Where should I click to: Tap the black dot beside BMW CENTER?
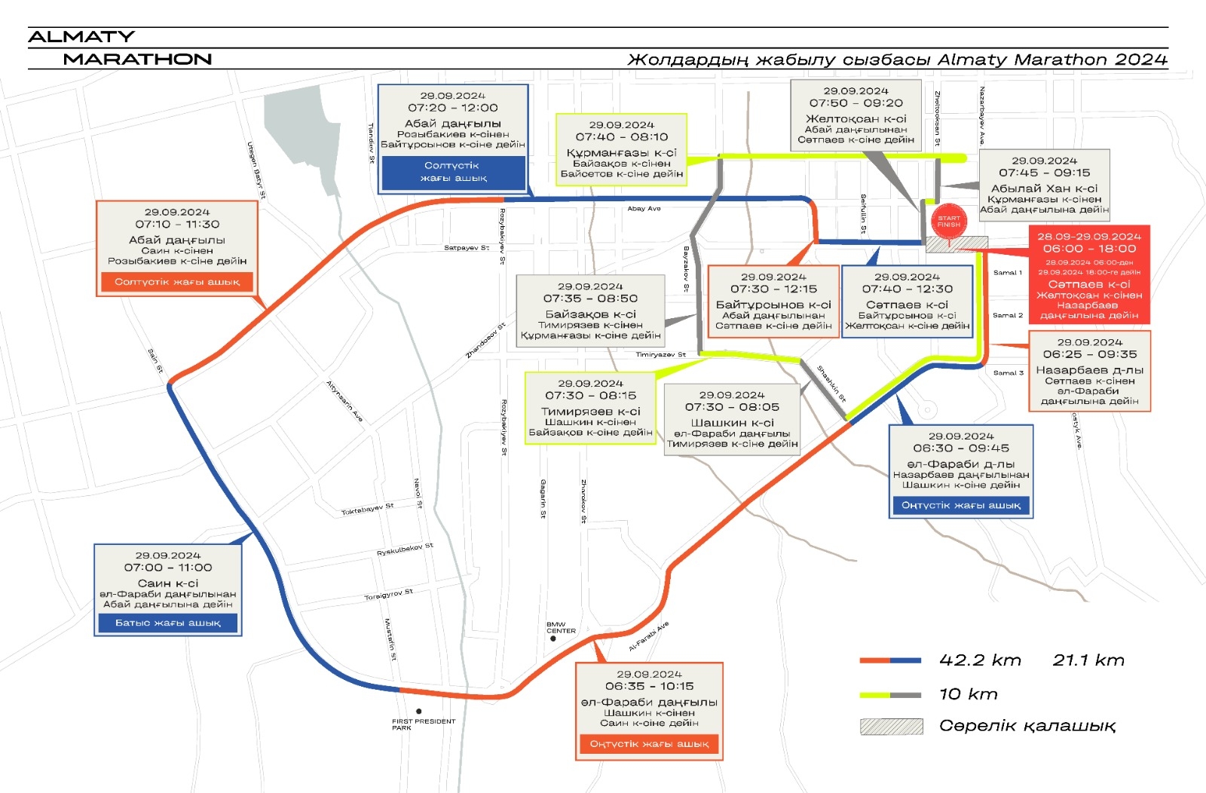[553, 638]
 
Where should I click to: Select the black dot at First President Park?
[419, 711]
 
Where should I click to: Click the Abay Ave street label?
[644, 209]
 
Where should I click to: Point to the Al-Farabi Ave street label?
[648, 637]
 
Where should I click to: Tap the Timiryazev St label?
[660, 354]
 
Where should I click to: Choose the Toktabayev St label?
[367, 510]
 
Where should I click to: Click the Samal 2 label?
[1008, 315]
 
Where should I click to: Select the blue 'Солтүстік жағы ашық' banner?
[453, 172]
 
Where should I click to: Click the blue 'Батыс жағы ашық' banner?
[167, 623]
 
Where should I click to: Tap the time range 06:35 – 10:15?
[649, 686]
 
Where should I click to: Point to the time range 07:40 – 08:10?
[622, 137]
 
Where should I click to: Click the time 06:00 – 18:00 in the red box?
[1089, 249]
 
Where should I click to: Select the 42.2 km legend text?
[980, 660]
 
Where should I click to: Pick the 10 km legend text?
[968, 694]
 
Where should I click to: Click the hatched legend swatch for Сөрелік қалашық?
[892, 726]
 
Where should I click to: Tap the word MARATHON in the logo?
[137, 59]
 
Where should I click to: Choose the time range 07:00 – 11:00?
[168, 568]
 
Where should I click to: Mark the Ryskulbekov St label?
[405, 550]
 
